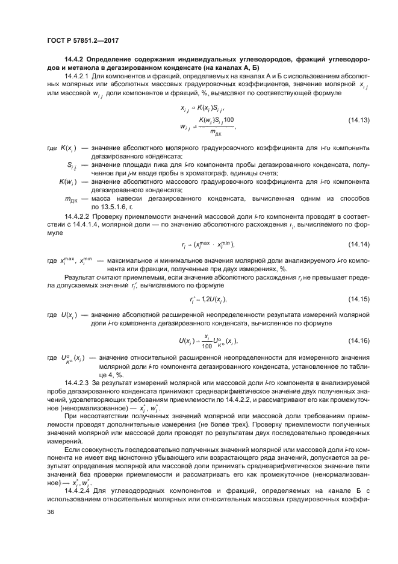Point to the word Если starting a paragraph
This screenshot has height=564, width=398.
(x=73, y=450)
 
